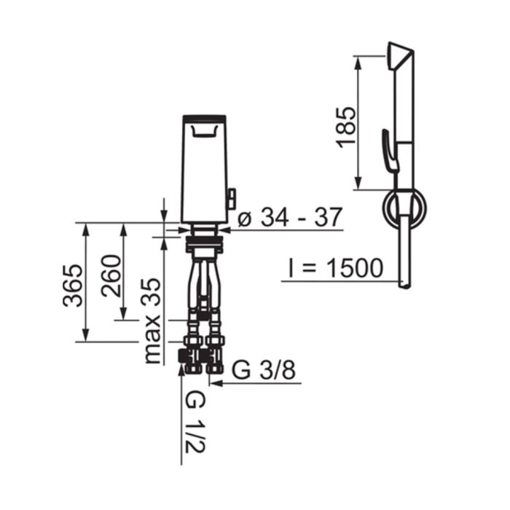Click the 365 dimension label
[x=73, y=286]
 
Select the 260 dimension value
[x=111, y=276]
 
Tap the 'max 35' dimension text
[x=152, y=321]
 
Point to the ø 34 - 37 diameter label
[x=290, y=216]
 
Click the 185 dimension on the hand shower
[x=346, y=127]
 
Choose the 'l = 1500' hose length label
[x=336, y=268]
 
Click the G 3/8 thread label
[x=264, y=370]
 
